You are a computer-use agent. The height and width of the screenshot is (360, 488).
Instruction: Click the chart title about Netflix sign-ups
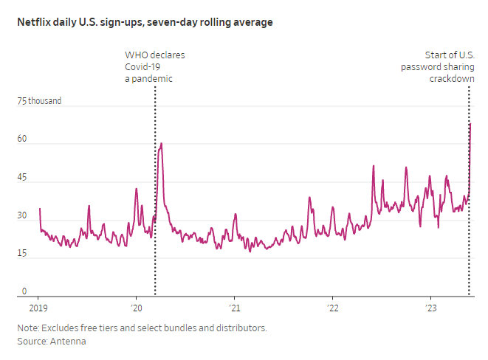click(x=145, y=23)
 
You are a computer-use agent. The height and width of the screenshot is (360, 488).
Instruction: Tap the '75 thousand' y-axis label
click(x=39, y=101)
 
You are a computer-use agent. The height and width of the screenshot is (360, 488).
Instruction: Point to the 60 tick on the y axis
click(x=23, y=139)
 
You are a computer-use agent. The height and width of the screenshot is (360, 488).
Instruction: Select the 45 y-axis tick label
click(x=23, y=178)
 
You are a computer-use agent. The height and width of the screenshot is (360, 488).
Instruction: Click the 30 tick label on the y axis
click(x=23, y=216)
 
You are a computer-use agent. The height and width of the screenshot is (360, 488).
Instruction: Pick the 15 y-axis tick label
click(x=23, y=255)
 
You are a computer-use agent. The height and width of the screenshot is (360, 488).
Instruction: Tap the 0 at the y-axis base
click(x=24, y=292)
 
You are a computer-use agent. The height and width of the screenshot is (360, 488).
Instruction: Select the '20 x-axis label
click(x=136, y=307)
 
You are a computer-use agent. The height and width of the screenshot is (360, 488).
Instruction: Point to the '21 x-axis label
click(x=234, y=307)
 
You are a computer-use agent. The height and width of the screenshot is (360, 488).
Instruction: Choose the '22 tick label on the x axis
click(x=332, y=307)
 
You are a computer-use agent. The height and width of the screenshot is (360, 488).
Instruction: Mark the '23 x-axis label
click(x=430, y=307)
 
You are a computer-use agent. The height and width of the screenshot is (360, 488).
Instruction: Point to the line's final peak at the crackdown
click(x=470, y=124)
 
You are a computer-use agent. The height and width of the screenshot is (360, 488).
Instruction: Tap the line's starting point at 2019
click(x=39, y=209)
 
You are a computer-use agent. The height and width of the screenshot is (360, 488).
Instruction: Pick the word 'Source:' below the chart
click(x=31, y=342)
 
